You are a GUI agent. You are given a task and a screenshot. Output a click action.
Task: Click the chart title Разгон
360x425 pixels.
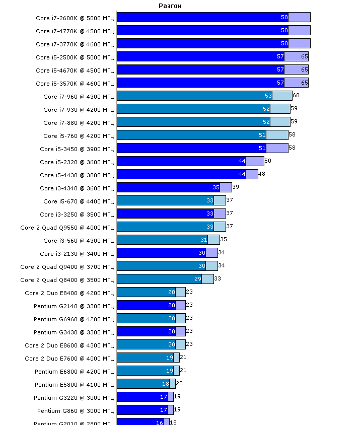click(x=170, y=6)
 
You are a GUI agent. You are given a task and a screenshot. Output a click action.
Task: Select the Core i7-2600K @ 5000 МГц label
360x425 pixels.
click(x=75, y=18)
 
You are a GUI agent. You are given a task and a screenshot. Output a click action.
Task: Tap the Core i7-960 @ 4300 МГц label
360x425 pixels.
click(x=79, y=96)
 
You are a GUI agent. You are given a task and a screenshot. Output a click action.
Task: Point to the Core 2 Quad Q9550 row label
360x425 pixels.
click(x=67, y=227)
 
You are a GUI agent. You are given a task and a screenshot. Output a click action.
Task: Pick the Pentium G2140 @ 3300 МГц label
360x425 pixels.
click(x=74, y=306)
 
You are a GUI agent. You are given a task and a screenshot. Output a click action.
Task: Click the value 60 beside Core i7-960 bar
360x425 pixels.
click(x=296, y=95)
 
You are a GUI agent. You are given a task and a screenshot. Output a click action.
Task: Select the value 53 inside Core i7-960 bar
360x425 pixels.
click(x=268, y=96)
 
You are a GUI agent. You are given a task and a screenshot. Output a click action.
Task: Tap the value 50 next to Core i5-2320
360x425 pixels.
click(x=268, y=161)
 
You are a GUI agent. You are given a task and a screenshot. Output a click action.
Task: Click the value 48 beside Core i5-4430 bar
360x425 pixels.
click(x=262, y=174)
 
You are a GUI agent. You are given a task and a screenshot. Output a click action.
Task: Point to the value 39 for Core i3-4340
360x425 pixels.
click(x=236, y=187)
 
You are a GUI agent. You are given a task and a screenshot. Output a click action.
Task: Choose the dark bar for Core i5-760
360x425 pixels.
click(x=191, y=135)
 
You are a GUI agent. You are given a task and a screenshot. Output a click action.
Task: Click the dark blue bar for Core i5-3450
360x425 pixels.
click(x=191, y=148)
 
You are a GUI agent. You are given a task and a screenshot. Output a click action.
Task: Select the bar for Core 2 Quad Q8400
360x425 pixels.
click(x=159, y=279)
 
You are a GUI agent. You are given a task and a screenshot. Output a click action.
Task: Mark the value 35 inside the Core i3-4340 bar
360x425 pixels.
click(x=216, y=187)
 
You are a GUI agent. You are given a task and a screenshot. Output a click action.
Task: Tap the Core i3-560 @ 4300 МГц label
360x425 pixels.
click(x=77, y=240)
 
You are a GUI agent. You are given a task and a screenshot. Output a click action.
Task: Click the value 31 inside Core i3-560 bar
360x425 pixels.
click(x=204, y=240)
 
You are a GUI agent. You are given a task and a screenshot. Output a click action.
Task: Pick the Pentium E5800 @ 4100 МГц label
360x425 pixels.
click(x=75, y=384)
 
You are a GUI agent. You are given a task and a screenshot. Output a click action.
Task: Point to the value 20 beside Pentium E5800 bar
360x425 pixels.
click(x=179, y=383)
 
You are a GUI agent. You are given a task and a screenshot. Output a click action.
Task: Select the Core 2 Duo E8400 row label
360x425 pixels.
click(x=69, y=293)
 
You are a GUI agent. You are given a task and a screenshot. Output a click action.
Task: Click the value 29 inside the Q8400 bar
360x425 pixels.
click(x=198, y=279)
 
